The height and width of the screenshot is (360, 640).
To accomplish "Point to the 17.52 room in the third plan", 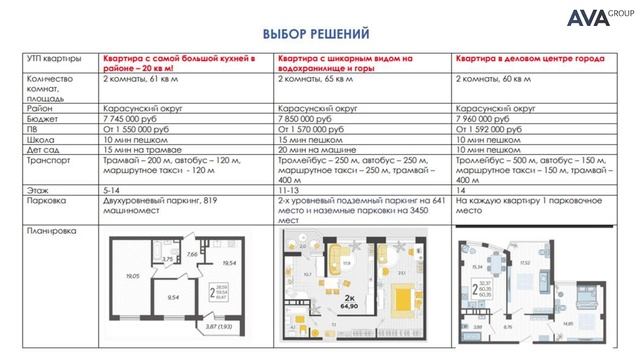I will click(526, 265).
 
